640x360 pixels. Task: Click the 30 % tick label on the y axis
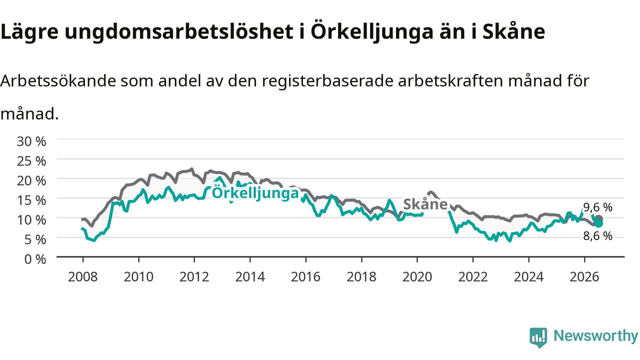(x=31, y=141)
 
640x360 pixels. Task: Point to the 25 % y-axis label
(x=31, y=161)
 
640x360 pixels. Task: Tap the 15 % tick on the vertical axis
(x=31, y=200)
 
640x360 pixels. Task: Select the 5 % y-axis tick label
(x=35, y=239)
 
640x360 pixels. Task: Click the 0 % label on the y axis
(x=35, y=259)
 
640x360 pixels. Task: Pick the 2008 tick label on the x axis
(x=83, y=277)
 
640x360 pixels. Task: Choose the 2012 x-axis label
(x=194, y=277)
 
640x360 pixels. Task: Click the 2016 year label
(x=305, y=277)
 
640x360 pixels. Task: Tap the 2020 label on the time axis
(x=417, y=277)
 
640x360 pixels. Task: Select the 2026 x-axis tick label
(x=584, y=277)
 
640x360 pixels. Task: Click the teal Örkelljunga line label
(x=255, y=192)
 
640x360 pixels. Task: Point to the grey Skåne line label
(x=425, y=204)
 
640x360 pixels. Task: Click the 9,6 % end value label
(x=597, y=207)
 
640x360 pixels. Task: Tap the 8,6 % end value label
(x=597, y=236)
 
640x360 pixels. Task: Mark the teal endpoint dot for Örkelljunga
(x=598, y=223)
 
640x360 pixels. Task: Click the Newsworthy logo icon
(x=538, y=337)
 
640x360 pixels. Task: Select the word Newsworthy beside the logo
(x=595, y=335)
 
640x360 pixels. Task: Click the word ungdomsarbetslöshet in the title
(x=179, y=31)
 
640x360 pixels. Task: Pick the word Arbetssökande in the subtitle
(x=58, y=81)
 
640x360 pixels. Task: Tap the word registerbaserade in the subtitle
(x=327, y=81)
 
